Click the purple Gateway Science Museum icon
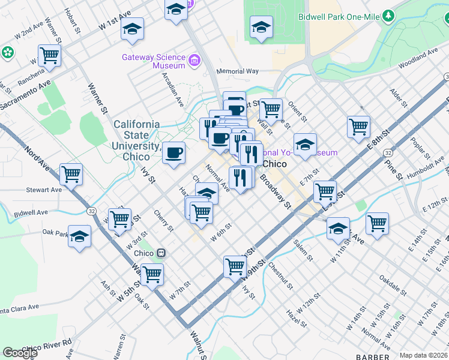click(194, 61)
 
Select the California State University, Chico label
click(137, 140)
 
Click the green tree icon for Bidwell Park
click(390, 15)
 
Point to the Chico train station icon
click(161, 253)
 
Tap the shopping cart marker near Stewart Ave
click(71, 175)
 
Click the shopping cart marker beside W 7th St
click(152, 275)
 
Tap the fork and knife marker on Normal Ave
click(239, 178)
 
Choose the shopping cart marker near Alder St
click(358, 127)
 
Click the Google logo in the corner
click(19, 353)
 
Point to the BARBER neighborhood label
click(372, 357)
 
